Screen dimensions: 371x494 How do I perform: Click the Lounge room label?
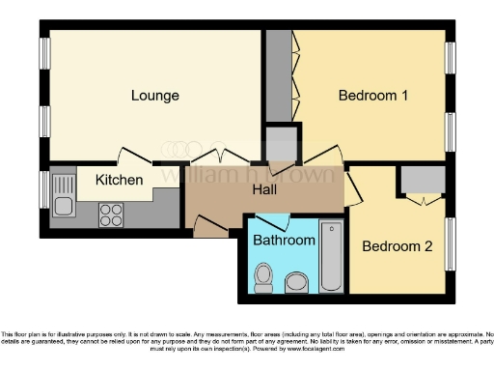point(154,96)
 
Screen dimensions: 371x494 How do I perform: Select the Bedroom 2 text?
point(397,246)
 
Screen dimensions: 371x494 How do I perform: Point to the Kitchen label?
point(120,180)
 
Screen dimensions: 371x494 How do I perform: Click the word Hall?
point(265,190)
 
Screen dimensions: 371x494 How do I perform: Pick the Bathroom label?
point(285,241)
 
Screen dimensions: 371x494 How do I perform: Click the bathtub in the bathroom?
point(331,257)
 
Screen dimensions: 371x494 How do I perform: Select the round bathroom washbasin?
point(296,281)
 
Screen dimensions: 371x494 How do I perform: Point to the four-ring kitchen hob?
point(111,214)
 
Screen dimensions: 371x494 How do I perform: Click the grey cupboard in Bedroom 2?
point(421,180)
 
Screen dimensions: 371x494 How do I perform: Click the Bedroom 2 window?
point(450,251)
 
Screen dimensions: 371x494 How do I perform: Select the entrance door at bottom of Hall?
point(210,227)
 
